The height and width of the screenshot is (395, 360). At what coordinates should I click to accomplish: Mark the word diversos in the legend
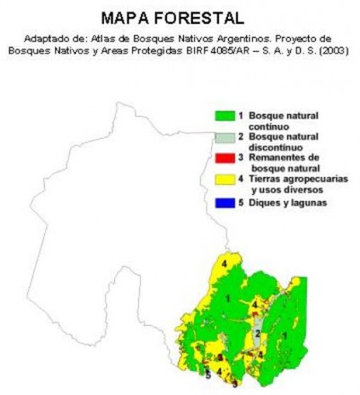coord(301,189)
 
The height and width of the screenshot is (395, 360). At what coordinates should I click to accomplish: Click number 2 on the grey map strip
coord(258,333)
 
